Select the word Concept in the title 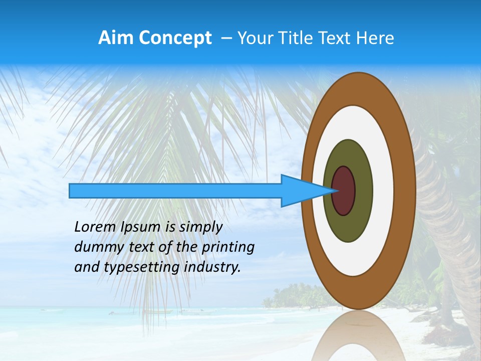(x=175, y=38)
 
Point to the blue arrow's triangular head (x=301, y=191)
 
